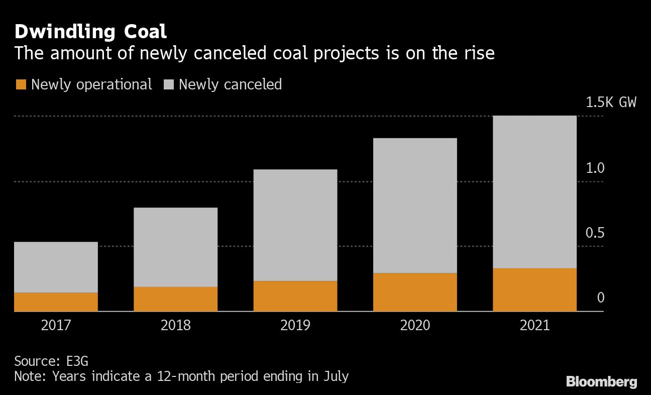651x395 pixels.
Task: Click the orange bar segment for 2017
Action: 56,302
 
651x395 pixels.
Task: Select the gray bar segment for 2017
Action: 56,267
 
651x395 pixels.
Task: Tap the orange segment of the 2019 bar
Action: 295,296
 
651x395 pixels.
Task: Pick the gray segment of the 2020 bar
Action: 415,206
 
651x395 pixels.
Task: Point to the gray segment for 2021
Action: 534,192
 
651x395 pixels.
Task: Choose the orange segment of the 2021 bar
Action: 534,289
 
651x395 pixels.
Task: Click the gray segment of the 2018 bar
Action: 175,247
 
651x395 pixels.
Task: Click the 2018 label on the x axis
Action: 175,325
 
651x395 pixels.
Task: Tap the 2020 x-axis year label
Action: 415,325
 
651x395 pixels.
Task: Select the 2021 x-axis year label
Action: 534,325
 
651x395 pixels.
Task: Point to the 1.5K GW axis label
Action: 611,103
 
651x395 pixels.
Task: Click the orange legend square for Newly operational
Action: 21,84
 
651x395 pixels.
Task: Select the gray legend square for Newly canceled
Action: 168,84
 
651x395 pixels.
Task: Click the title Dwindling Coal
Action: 90,32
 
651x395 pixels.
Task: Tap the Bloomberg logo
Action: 601,382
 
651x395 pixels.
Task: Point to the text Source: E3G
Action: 51,361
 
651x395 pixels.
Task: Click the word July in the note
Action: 335,376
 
